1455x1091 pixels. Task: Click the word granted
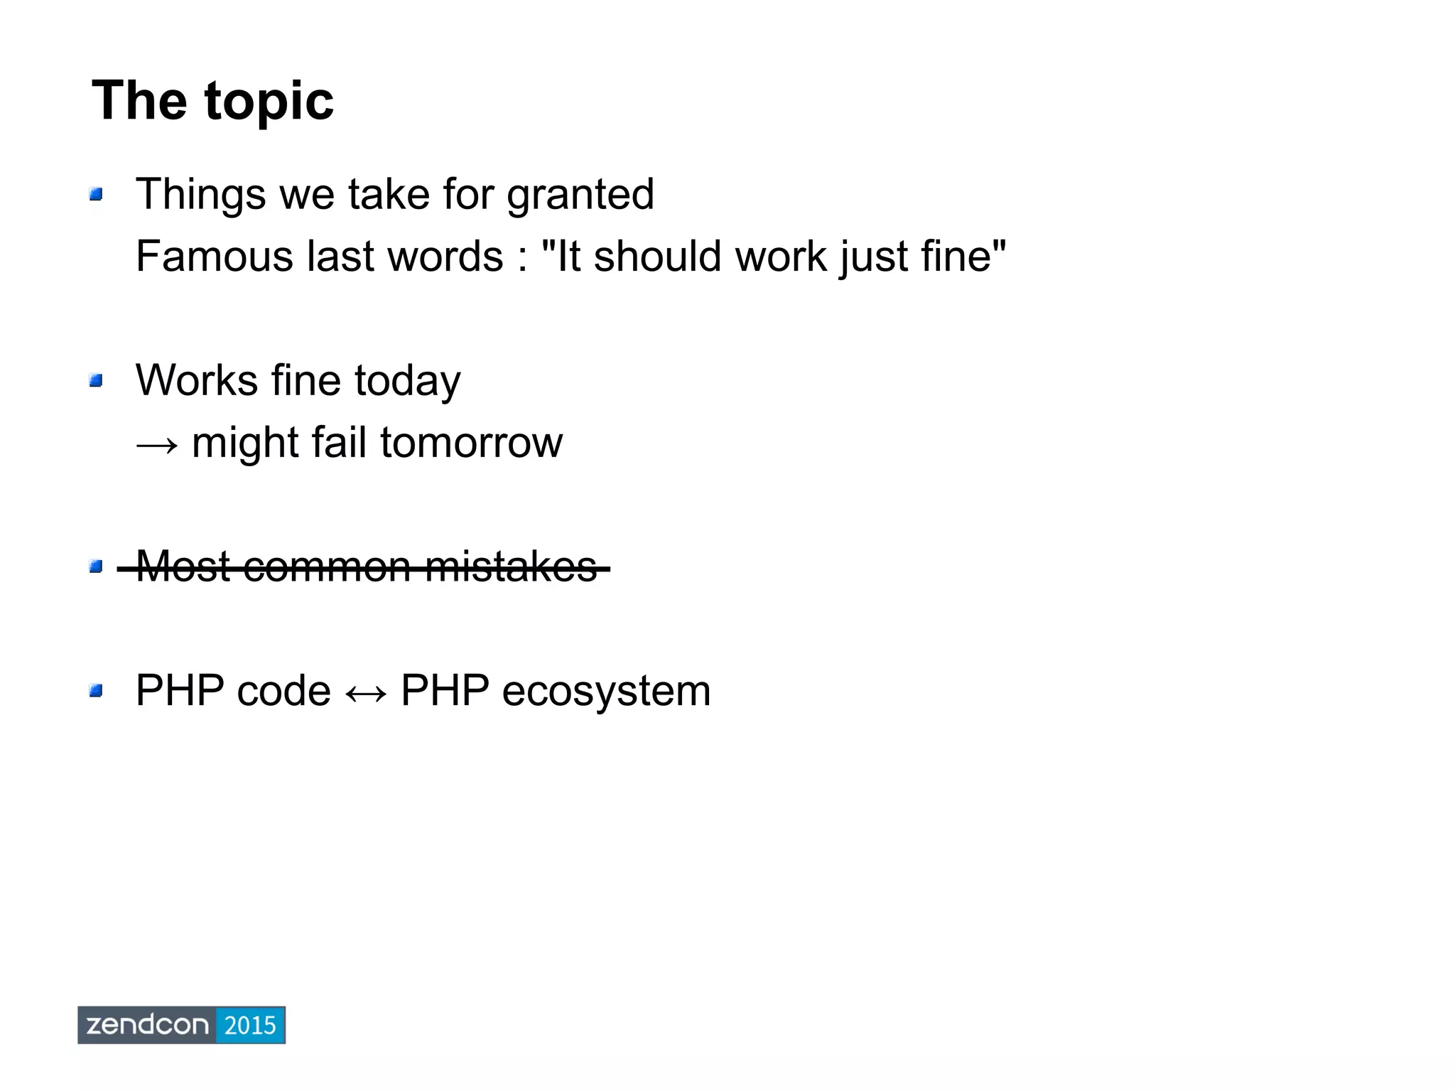580,195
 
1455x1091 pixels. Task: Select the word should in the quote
659,257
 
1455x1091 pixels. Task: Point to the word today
407,382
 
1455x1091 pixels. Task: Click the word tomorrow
471,443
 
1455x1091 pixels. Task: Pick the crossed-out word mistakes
511,567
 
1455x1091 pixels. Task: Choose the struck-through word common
327,567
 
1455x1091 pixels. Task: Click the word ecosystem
605,692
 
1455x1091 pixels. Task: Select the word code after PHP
283,692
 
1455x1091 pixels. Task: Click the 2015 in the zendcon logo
249,1025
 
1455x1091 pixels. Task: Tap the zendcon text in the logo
147,1025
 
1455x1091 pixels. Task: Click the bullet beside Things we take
96,194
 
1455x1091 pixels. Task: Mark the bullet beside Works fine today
96,381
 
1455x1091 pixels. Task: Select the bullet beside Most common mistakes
96,566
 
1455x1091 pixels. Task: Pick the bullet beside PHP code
96,691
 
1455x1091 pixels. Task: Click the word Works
196,381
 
